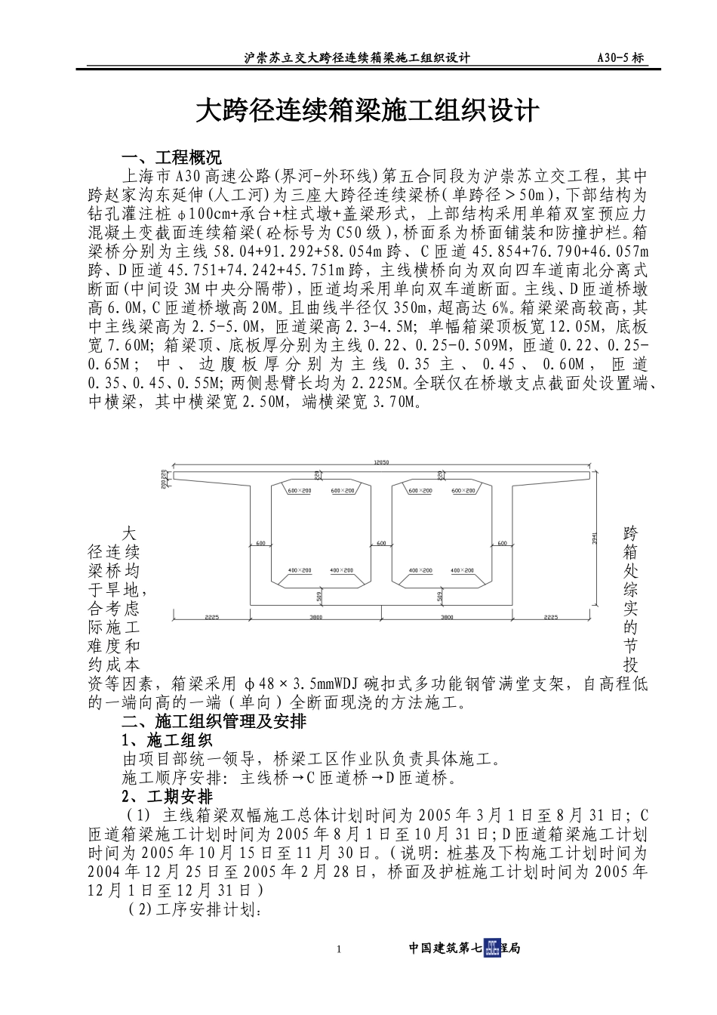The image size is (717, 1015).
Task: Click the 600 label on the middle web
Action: pyautogui.click(x=381, y=543)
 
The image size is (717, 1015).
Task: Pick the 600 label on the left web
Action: pyautogui.click(x=260, y=543)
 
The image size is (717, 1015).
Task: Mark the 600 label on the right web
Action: pyautogui.click(x=502, y=543)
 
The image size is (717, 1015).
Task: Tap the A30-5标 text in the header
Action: pyautogui.click(x=620, y=57)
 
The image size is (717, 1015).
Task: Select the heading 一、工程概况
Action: pyautogui.click(x=171, y=158)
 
